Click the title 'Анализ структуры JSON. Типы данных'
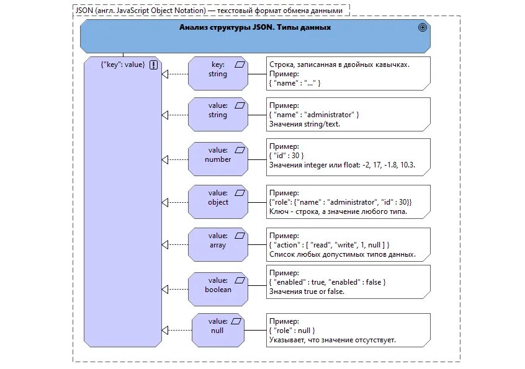click(x=255, y=27)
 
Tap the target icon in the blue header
click(x=423, y=27)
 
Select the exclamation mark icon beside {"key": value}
click(x=153, y=64)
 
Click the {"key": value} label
click(x=123, y=64)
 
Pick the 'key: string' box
click(x=218, y=74)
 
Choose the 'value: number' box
click(x=218, y=159)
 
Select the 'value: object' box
click(x=218, y=202)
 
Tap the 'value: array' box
click(x=218, y=245)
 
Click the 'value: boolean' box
click(x=218, y=290)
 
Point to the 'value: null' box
click(x=218, y=330)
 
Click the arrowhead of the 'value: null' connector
click(x=164, y=330)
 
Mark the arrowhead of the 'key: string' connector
click(x=164, y=74)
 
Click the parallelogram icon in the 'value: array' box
click(x=240, y=236)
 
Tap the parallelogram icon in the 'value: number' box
click(x=240, y=150)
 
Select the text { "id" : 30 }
click(x=287, y=156)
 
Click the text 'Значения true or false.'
click(x=307, y=291)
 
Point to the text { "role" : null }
click(x=292, y=331)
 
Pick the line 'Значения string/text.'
click(x=305, y=124)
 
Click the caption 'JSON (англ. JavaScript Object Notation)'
click(x=141, y=11)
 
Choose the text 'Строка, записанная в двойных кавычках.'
click(x=339, y=64)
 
